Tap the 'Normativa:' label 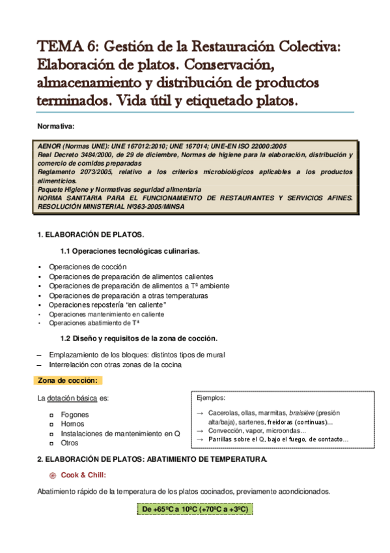tap(56, 127)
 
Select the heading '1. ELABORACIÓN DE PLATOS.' tap(91, 234)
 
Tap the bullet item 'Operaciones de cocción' tap(87, 267)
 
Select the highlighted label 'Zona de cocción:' tap(68, 380)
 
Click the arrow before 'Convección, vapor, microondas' tap(201, 431)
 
